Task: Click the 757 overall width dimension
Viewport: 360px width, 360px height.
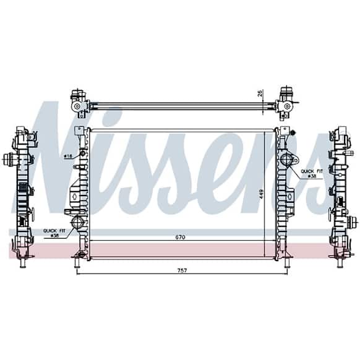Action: [x=182, y=271]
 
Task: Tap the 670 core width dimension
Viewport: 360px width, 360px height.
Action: [x=180, y=237]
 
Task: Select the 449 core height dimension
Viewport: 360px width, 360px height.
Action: [x=261, y=194]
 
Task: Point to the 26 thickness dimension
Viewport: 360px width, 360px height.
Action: [x=260, y=93]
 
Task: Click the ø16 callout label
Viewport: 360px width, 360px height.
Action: [x=68, y=156]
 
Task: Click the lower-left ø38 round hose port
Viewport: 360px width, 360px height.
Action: [x=77, y=222]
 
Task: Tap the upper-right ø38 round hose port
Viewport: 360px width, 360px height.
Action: [x=286, y=160]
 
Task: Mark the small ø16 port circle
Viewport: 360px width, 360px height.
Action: [x=83, y=153]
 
